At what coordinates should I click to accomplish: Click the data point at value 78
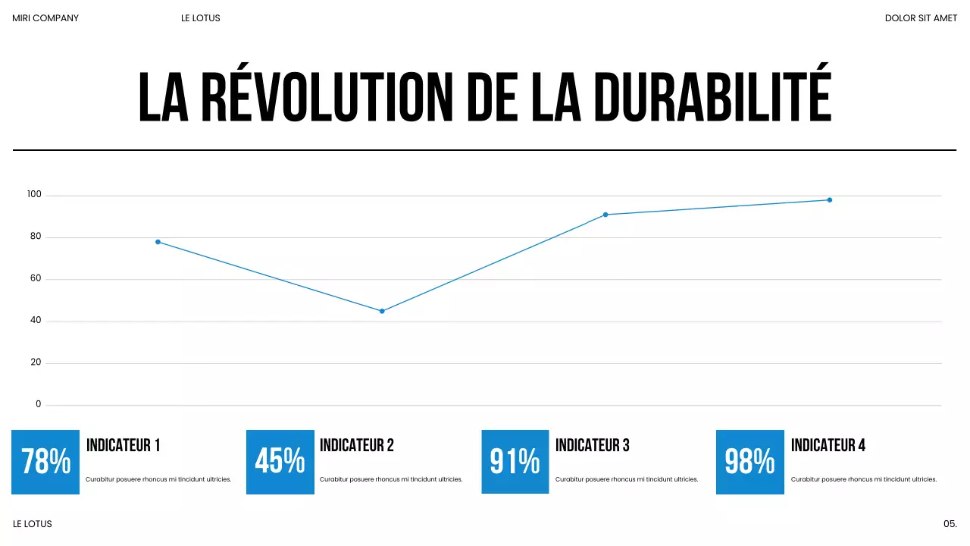158,242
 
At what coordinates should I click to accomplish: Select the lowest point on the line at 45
382,311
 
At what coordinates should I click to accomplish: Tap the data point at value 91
605,215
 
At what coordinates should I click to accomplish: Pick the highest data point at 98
830,200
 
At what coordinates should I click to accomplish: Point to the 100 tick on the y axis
34,195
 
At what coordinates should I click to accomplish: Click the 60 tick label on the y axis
36,279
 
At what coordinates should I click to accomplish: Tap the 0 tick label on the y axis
39,404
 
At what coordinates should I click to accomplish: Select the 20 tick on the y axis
36,362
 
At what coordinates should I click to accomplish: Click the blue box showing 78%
45,462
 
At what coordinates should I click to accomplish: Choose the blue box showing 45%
280,462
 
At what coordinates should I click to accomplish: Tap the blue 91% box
515,462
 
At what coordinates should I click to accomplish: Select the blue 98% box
749,462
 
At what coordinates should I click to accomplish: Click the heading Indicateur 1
123,446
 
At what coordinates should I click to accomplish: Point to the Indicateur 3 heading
592,446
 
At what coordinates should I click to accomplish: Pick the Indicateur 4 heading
828,446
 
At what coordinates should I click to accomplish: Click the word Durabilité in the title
712,97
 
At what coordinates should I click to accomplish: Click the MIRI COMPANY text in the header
45,18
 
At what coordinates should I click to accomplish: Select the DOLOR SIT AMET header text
921,18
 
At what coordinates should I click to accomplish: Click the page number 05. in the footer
950,524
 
